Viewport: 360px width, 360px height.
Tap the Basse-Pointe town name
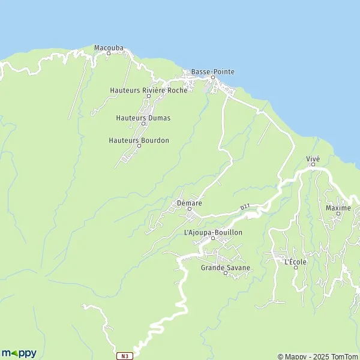click(212, 72)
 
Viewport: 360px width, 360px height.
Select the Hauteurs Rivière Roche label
click(148, 90)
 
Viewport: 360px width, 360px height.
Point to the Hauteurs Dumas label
click(143, 118)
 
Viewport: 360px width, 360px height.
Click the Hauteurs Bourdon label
click(139, 140)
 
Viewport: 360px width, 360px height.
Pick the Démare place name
click(189, 203)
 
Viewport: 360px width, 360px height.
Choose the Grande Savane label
click(226, 268)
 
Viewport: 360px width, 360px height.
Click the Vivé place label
click(313, 158)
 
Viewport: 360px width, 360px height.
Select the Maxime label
click(338, 208)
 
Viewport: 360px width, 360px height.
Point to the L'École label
click(295, 262)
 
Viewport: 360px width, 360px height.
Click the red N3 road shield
click(124, 355)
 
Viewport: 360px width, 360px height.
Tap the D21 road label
click(245, 207)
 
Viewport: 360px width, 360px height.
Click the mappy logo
click(19, 353)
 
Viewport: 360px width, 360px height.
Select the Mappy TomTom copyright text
click(317, 356)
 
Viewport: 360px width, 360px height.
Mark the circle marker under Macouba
click(109, 53)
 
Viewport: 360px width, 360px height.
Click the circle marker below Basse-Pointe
click(212, 77)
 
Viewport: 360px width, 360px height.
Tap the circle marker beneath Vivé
click(313, 164)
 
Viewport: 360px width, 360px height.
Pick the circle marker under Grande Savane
click(226, 274)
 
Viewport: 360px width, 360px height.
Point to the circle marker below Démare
click(189, 209)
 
